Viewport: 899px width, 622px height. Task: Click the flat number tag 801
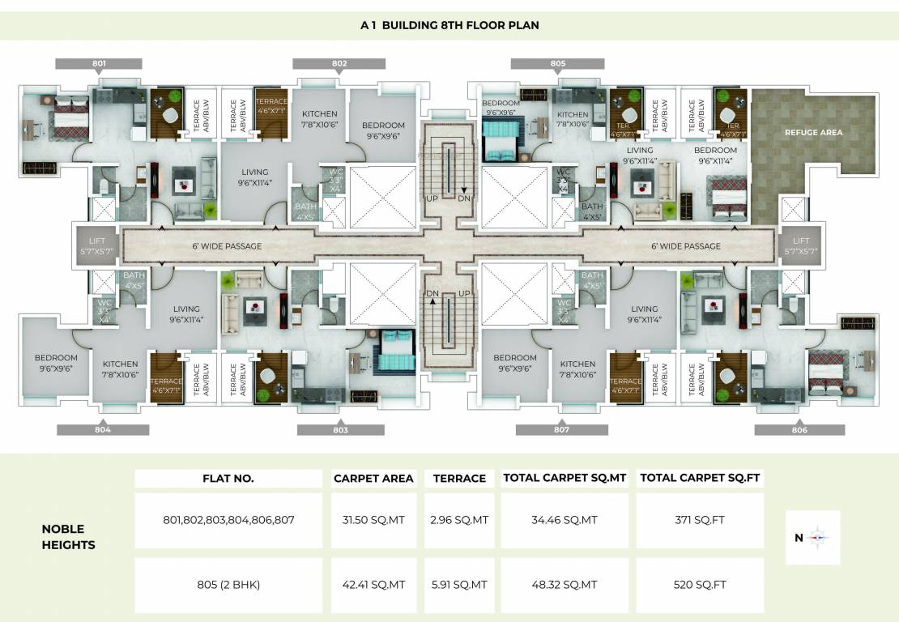tap(99, 63)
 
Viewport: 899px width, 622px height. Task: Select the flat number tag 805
tap(557, 63)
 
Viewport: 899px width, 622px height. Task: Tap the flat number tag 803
tap(340, 430)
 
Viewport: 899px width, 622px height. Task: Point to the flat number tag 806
tap(799, 430)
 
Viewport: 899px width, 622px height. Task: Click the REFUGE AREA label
tap(813, 132)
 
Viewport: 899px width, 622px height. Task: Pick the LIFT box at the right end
tap(801, 246)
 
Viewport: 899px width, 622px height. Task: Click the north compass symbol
tap(813, 537)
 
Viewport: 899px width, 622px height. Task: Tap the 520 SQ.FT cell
tap(700, 585)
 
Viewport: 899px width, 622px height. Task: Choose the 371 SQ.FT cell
tap(700, 520)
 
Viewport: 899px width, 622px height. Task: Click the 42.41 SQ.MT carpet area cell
tap(373, 585)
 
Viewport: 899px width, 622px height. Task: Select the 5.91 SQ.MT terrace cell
tap(459, 585)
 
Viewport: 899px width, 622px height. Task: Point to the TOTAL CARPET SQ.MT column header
tap(566, 479)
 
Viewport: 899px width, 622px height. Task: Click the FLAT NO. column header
tap(228, 479)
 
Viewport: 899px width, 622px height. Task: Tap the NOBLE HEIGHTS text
tap(69, 537)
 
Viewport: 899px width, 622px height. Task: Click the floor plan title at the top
tap(450, 25)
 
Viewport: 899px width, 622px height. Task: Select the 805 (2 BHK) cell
tap(228, 585)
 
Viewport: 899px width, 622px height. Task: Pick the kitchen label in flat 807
tap(577, 369)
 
